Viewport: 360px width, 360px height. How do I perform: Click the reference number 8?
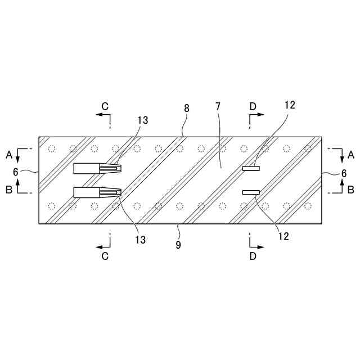pos(187,108)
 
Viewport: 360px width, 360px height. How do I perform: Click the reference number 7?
pos(218,106)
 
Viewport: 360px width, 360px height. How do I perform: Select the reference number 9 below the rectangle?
pos(178,245)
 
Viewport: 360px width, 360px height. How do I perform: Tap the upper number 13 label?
pos(143,120)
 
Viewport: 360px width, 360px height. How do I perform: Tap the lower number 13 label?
pos(140,240)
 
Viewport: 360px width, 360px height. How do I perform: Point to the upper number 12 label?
pos(290,105)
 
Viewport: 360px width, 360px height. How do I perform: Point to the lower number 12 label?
pos(283,236)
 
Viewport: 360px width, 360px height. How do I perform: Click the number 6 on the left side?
pos(15,172)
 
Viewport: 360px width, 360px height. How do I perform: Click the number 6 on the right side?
pos(344,173)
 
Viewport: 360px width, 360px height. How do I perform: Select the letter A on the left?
pos(9,155)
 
